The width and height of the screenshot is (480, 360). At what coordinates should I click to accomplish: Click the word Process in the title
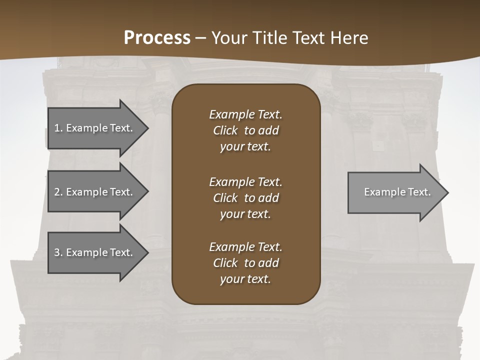click(157, 38)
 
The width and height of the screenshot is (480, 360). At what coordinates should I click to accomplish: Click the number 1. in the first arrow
click(58, 128)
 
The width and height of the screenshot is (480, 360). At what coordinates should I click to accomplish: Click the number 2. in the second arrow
click(58, 192)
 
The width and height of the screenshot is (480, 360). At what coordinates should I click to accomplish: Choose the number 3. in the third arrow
click(58, 252)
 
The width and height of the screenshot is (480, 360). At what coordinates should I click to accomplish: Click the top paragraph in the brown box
click(245, 130)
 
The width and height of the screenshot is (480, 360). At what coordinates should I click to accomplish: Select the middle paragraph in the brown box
click(245, 198)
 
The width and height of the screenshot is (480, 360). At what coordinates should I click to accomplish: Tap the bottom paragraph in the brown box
click(245, 263)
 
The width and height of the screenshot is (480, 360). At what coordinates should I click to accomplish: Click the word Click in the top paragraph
click(225, 130)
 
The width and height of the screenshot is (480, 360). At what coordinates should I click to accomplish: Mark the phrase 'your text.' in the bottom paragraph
click(245, 279)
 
